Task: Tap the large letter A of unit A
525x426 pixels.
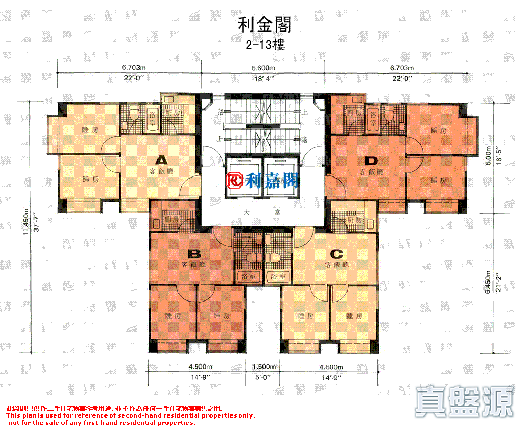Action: (161, 159)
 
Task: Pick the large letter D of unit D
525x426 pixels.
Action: (372, 160)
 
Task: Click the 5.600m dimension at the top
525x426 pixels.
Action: (264, 68)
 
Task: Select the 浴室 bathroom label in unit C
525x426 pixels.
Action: (278, 276)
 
